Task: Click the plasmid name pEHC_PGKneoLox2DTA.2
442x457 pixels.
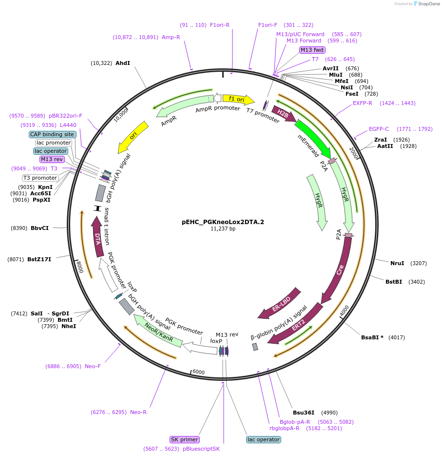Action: pyautogui.click(x=223, y=222)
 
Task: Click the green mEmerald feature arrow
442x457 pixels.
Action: pyautogui.click(x=312, y=139)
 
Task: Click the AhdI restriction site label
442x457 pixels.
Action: pyautogui.click(x=123, y=63)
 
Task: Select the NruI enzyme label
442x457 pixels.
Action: pyautogui.click(x=397, y=263)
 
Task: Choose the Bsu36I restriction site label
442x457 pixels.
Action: pyautogui.click(x=304, y=412)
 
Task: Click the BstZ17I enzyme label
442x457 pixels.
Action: pyautogui.click(x=39, y=259)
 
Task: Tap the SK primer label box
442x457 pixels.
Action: pyautogui.click(x=185, y=439)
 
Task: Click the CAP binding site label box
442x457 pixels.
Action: pyautogui.click(x=52, y=134)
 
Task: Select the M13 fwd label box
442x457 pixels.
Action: pyautogui.click(x=312, y=50)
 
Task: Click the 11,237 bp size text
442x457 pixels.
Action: pyautogui.click(x=223, y=228)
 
